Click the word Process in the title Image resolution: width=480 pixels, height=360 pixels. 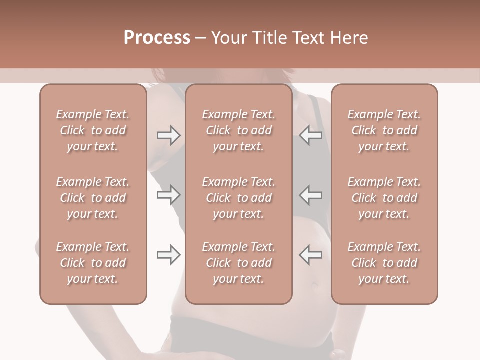click(157, 38)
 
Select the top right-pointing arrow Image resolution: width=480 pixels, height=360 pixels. click(168, 135)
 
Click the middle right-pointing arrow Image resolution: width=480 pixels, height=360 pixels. click(168, 195)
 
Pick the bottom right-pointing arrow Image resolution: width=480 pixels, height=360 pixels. click(168, 255)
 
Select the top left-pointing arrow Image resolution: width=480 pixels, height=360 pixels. click(310, 135)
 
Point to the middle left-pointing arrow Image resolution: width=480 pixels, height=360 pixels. click(310, 195)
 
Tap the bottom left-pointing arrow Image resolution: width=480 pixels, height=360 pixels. click(310, 255)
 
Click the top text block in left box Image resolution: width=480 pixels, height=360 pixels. click(93, 130)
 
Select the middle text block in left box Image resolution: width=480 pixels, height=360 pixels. click(93, 198)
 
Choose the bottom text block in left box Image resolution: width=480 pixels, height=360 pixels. click(93, 263)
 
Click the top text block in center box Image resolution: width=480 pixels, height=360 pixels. click(238, 130)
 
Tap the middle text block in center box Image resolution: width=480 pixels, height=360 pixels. click(238, 198)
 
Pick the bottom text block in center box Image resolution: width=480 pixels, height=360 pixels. click(238, 263)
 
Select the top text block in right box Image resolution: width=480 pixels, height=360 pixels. click(384, 130)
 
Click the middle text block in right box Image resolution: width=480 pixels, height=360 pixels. click(384, 198)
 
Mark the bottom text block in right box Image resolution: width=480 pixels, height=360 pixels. click(384, 263)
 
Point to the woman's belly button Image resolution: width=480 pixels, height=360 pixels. click(315, 285)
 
